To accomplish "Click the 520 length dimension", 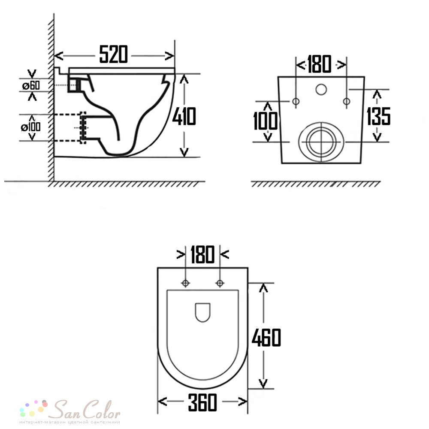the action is pyautogui.click(x=113, y=54).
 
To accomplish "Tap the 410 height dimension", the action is pyautogui.click(x=184, y=116).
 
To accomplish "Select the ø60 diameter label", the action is pyautogui.click(x=31, y=85).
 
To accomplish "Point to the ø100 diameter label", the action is pyautogui.click(x=30, y=127).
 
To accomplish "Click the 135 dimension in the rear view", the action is pyautogui.click(x=378, y=116).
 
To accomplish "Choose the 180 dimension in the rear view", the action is pyautogui.click(x=319, y=64).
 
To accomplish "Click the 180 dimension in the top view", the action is pyautogui.click(x=202, y=254).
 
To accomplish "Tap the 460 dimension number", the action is pyautogui.click(x=266, y=337).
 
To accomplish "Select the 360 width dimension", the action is pyautogui.click(x=202, y=402).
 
